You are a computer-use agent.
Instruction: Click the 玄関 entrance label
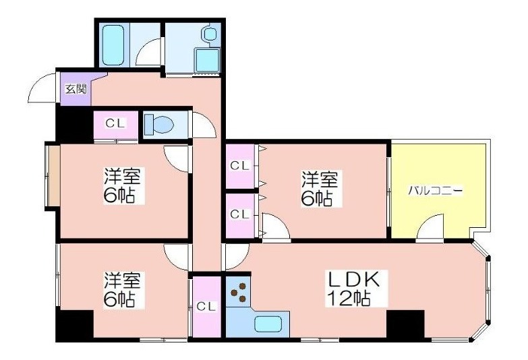76,89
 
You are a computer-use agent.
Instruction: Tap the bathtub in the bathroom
113,44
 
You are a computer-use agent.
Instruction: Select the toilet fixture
158,125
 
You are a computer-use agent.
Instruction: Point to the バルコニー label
436,191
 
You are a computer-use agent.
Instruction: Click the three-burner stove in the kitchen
239,292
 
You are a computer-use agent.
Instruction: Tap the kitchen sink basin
268,324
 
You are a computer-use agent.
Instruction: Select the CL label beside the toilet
115,123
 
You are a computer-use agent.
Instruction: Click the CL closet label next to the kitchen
206,307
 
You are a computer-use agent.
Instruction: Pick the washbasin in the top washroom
210,34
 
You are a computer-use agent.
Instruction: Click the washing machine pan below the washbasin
207,60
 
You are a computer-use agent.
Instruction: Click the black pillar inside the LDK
405,324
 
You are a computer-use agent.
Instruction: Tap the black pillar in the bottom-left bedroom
74,324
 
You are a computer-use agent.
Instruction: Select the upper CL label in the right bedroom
240,166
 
